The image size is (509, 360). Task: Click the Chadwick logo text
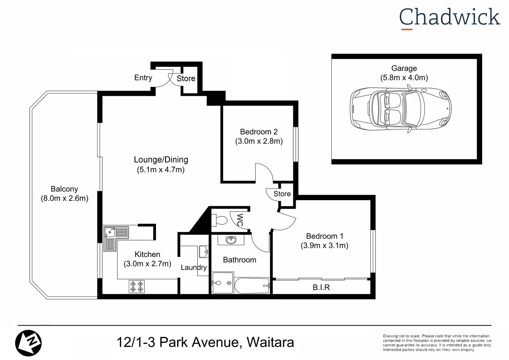(x=449, y=17)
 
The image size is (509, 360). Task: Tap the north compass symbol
(x=28, y=343)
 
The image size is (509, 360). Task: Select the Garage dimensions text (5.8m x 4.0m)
(x=404, y=78)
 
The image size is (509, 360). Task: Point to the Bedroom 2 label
(x=259, y=132)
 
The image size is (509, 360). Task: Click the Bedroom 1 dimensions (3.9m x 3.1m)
(x=324, y=246)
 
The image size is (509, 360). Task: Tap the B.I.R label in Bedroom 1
(x=321, y=287)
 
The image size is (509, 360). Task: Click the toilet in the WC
(x=220, y=220)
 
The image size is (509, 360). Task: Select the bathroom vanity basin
(x=231, y=240)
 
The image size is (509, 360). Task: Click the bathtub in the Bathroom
(x=252, y=286)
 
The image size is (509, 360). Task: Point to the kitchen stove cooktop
(x=137, y=287)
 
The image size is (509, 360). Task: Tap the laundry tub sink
(x=204, y=252)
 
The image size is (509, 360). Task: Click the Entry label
(x=143, y=78)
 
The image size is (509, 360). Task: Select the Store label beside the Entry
(x=186, y=78)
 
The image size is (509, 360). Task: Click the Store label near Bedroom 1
(x=282, y=194)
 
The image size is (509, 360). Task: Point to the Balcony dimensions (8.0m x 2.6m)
(x=65, y=198)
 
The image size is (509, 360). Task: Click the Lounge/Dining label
(x=161, y=160)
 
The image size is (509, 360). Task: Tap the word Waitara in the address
(x=270, y=342)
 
